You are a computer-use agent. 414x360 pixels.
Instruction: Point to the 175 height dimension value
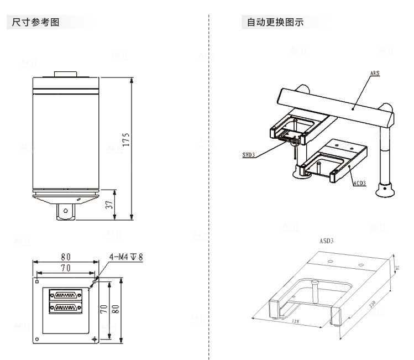coord(126,142)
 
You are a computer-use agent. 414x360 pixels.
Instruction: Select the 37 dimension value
coord(109,204)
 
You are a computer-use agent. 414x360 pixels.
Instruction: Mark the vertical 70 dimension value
coord(103,309)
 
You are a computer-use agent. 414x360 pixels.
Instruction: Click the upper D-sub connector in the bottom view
coord(65,295)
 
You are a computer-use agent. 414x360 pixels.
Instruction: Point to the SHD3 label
coord(249,155)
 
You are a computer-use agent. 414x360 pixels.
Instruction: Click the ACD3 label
coord(359,183)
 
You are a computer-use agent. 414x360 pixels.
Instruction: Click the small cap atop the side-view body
coord(66,74)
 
